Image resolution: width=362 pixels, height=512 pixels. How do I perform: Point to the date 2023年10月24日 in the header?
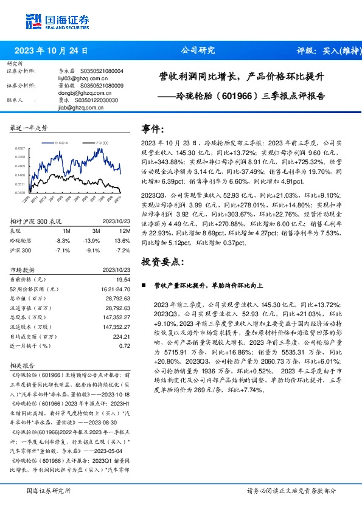pos(51,51)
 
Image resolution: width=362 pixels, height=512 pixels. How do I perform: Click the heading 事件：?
pos(153,128)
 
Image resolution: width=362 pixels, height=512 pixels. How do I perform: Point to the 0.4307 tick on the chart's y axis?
pos(19,148)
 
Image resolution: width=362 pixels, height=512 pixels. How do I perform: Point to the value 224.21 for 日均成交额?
pos(122,336)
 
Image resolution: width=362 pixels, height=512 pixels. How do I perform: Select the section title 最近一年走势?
pos(29,128)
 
